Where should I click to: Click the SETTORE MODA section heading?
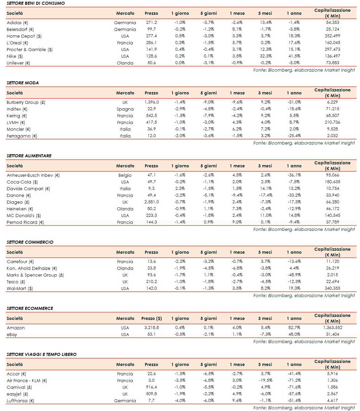point(22,83)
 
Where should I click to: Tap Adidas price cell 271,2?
point(151,23)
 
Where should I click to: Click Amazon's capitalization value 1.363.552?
point(332,328)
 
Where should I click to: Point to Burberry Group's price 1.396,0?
point(151,102)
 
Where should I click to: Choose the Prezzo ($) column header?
point(151,318)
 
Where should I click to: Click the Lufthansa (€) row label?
point(20,401)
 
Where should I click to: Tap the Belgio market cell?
point(125,175)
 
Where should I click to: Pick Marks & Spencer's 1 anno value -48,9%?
point(294,275)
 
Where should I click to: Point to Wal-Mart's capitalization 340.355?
point(332,288)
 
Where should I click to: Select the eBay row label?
point(12,334)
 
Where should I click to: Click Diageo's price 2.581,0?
point(151,202)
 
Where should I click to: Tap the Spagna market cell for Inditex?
point(125,109)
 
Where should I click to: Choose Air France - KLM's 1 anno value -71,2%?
point(294,380)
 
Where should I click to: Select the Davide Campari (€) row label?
point(28,189)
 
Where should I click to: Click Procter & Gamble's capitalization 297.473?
point(332,49)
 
